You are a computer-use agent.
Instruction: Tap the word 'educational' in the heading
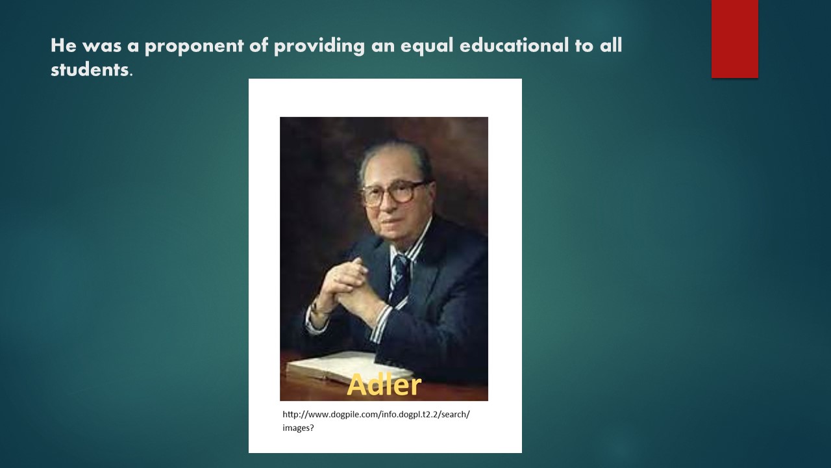[x=514, y=45]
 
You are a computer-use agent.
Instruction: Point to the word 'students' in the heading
[x=90, y=70]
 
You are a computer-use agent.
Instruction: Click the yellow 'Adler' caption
[x=384, y=384]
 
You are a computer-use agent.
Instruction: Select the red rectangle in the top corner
[x=734, y=39]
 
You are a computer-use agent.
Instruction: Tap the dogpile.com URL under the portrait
[x=376, y=415]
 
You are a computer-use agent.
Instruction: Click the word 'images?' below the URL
[x=298, y=428]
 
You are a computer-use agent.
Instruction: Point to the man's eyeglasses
[x=393, y=194]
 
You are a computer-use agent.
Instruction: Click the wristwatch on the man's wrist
[x=317, y=309]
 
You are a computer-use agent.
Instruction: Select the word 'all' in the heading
[x=611, y=45]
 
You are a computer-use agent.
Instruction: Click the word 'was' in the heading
[x=102, y=47]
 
